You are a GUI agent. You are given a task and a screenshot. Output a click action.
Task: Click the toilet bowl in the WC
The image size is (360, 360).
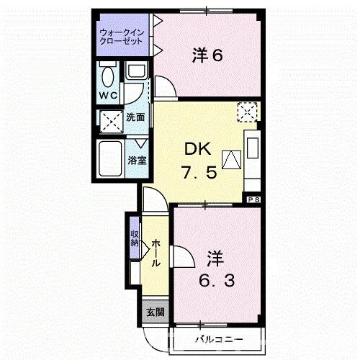(x=109, y=75)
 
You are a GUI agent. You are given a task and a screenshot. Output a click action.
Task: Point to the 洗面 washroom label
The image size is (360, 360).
(x=135, y=117)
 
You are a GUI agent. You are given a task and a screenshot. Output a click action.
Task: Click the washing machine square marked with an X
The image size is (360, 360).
(x=110, y=121)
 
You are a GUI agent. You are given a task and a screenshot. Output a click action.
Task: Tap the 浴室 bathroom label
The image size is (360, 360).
(x=138, y=160)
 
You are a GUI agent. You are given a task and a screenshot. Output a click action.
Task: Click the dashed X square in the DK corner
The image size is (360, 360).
(x=247, y=112)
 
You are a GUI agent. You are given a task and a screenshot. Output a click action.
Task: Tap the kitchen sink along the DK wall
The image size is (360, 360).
(x=253, y=148)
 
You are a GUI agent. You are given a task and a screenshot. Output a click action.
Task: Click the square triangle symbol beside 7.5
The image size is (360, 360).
(x=230, y=160)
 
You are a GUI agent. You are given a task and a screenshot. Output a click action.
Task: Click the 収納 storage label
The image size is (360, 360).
(x=135, y=238)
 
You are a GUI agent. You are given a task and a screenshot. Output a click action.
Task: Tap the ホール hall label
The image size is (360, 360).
(x=156, y=253)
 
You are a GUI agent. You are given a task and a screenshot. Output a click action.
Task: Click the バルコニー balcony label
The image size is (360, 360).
(x=218, y=338)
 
